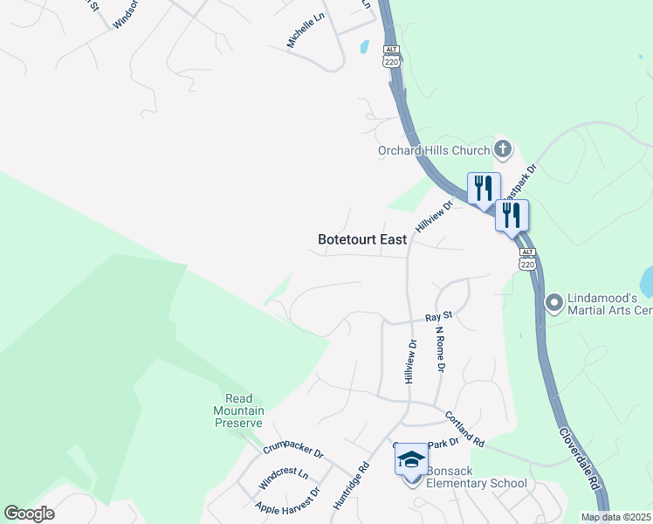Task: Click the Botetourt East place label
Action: click(x=362, y=239)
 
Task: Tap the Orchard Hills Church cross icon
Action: click(x=502, y=149)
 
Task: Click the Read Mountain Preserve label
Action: click(x=239, y=410)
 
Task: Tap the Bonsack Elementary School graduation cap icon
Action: click(x=411, y=459)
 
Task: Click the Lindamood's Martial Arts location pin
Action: click(x=553, y=303)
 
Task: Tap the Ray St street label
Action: click(x=437, y=315)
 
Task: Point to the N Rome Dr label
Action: click(x=439, y=349)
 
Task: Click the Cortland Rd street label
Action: click(x=464, y=430)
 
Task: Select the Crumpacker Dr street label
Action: click(x=293, y=452)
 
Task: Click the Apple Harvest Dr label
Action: click(x=287, y=506)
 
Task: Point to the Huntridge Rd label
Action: click(x=351, y=485)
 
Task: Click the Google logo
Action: click(x=29, y=514)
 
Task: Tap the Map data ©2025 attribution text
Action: click(x=615, y=517)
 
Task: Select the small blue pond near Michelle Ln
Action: click(x=364, y=47)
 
